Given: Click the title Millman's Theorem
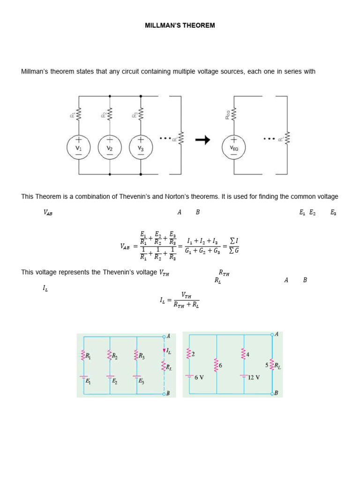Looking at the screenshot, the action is (180, 25).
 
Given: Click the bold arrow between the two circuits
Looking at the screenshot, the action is (202, 140).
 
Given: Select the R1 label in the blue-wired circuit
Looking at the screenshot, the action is (88, 357).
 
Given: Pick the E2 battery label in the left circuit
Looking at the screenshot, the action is (114, 381).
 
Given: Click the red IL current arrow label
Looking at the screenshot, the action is (169, 351).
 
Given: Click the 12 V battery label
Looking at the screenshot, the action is (254, 376).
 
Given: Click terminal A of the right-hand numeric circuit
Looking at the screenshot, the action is (272, 334).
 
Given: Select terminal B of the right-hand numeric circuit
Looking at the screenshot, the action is (272, 393).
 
